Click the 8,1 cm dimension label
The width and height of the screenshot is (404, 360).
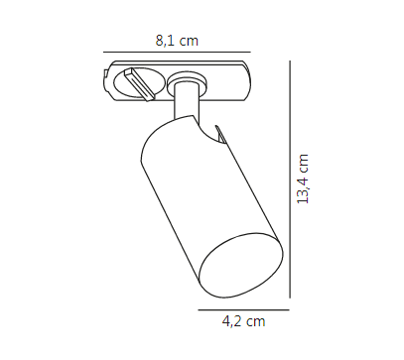click(177, 41)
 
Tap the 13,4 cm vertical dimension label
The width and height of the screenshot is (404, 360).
click(303, 179)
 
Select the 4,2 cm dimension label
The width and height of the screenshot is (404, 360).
click(244, 321)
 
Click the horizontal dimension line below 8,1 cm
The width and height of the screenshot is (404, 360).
click(177, 52)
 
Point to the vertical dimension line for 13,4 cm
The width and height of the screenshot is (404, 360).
click(290, 180)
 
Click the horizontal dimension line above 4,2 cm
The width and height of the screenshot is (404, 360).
click(244, 310)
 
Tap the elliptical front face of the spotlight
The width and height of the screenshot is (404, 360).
click(241, 266)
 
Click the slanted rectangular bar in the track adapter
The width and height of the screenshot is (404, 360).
click(140, 83)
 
